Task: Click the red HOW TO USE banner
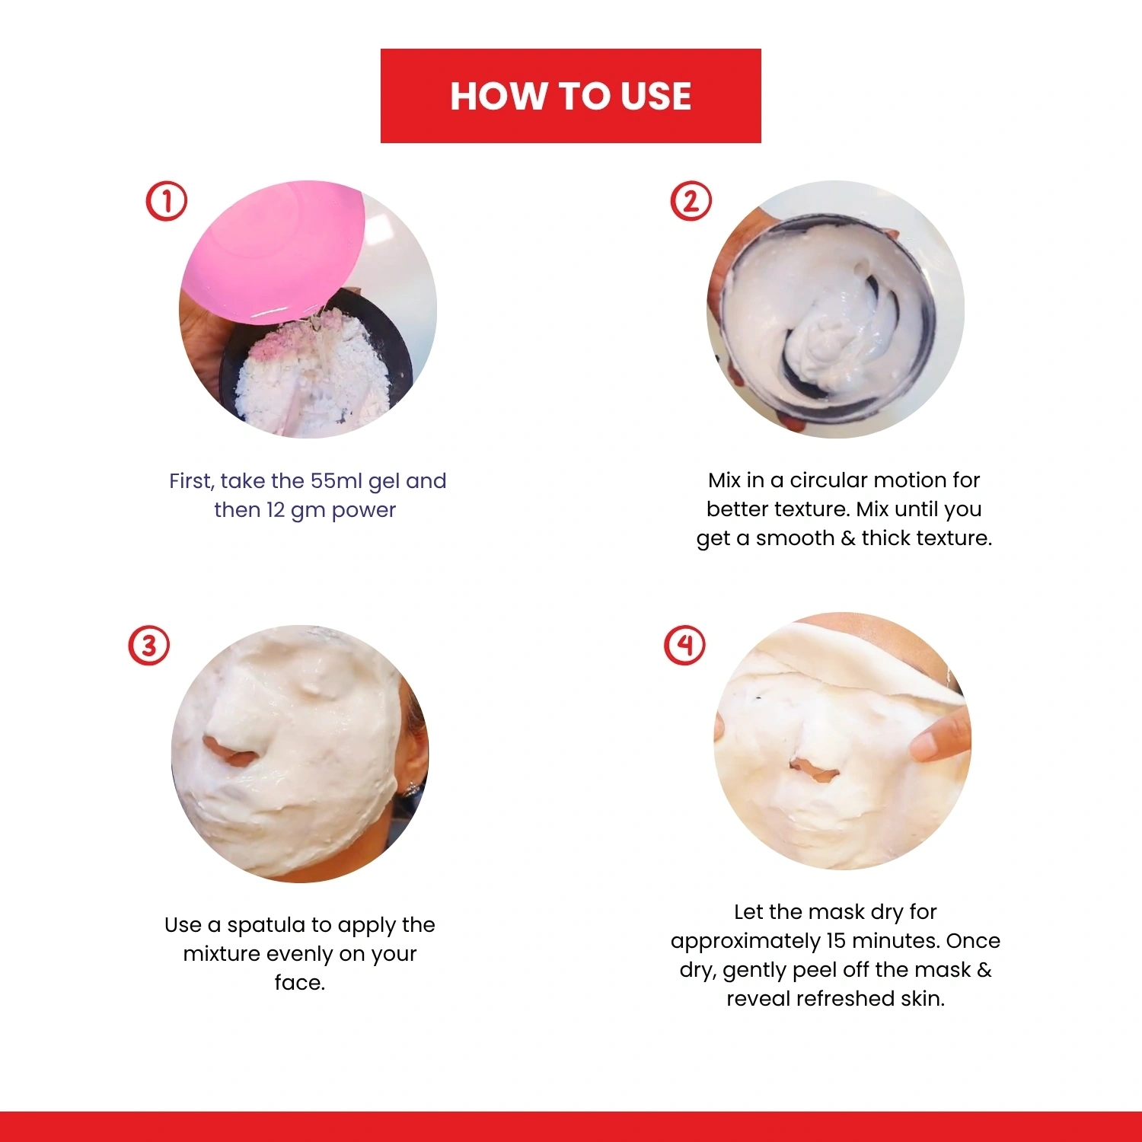point(570,96)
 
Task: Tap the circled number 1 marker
point(166,201)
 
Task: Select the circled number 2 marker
point(691,201)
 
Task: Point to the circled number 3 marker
point(148,646)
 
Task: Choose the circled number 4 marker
point(685,645)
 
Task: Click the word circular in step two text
point(829,480)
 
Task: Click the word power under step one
point(364,511)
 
